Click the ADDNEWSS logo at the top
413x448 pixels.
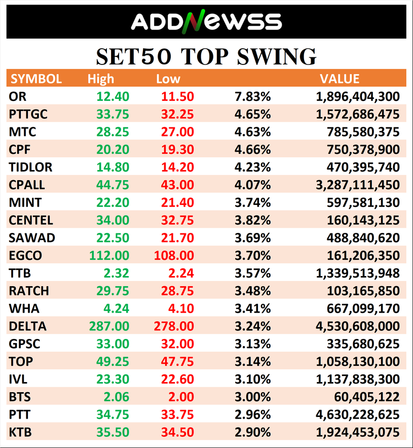[x=206, y=21]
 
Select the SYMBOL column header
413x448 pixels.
[x=36, y=79]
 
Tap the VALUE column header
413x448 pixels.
[x=340, y=79]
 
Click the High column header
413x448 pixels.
[x=101, y=79]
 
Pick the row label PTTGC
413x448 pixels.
[x=28, y=114]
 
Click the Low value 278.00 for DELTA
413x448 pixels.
[x=173, y=326]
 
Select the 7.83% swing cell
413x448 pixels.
[x=252, y=96]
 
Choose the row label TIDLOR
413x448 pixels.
[x=30, y=167]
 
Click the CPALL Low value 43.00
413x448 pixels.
[x=177, y=185]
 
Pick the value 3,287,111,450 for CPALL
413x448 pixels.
[x=358, y=185]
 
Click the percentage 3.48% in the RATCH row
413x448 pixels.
[x=252, y=291]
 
